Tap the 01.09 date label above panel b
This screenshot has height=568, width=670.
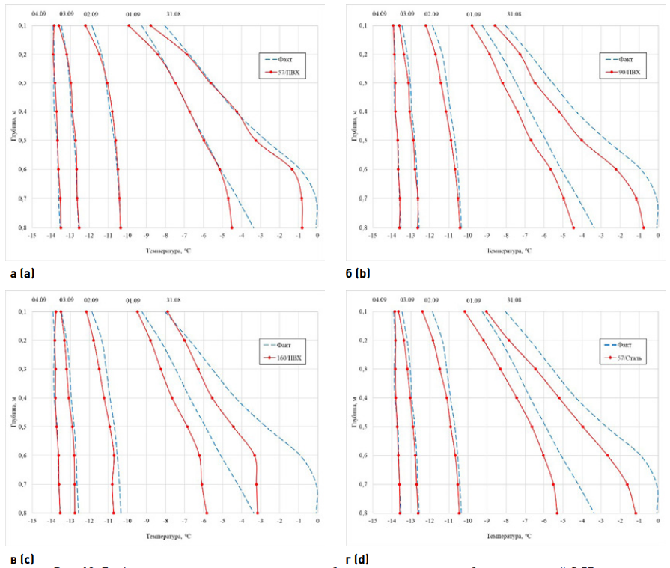coord(474,14)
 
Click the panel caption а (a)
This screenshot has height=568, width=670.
coord(20,273)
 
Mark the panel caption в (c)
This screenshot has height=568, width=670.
coord(20,558)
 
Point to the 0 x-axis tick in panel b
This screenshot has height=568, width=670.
coord(658,236)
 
